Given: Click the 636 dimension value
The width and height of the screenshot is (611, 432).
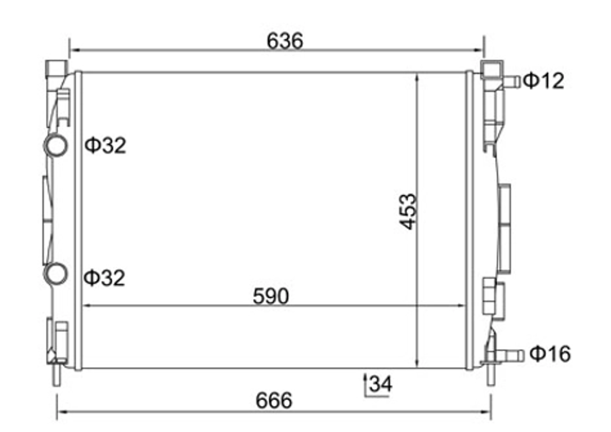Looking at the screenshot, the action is (285, 41).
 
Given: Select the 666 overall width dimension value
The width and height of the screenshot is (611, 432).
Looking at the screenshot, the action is (274, 401).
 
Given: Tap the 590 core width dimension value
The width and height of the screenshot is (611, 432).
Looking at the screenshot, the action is (271, 296).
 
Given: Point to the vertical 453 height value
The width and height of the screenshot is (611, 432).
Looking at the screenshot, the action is (408, 212).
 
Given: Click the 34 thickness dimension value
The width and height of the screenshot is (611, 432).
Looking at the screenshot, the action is (381, 384).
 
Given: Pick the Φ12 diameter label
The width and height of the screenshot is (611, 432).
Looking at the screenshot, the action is (543, 80).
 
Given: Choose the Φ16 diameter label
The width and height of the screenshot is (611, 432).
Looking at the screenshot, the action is (550, 354).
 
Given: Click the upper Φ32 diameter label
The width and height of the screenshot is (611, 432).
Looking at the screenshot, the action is (105, 145).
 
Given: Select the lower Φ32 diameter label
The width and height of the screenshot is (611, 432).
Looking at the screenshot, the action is (104, 278).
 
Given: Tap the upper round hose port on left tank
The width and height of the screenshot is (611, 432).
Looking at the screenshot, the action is (55, 145).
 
